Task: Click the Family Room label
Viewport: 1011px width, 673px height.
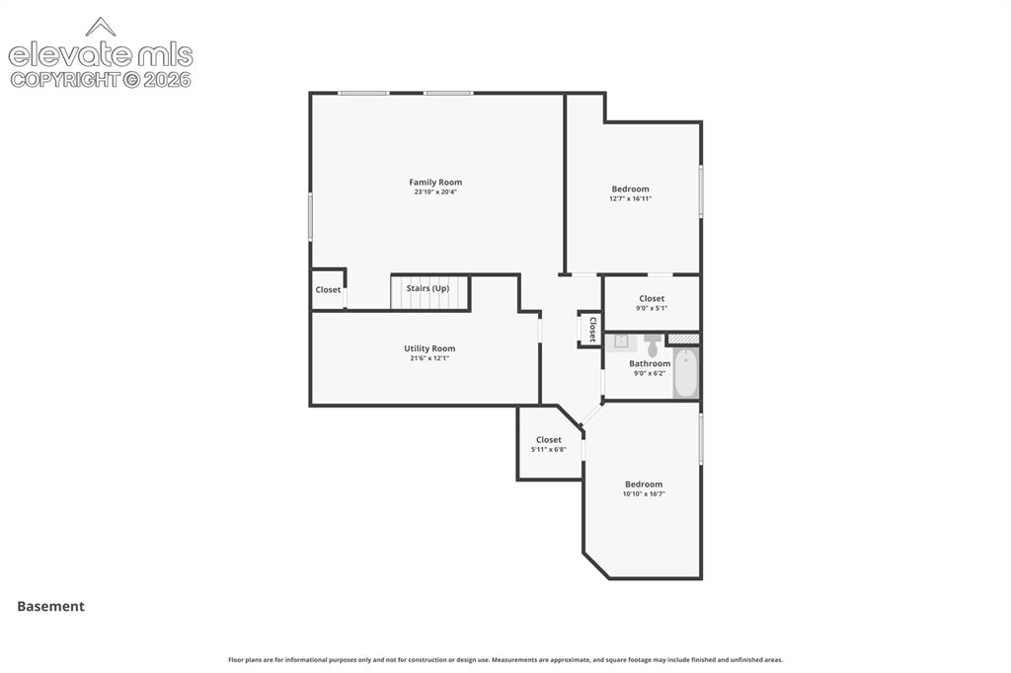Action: coord(435,183)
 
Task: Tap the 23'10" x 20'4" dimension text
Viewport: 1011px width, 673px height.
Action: coord(435,192)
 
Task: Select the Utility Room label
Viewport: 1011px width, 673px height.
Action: coord(429,348)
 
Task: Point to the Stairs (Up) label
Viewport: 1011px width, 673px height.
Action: coord(428,288)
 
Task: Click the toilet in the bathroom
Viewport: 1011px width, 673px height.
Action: coord(653,344)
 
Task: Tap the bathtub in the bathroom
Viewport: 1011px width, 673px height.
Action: coord(685,373)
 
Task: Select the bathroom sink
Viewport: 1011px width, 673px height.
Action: coord(620,341)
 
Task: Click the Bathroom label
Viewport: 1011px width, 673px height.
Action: coord(650,363)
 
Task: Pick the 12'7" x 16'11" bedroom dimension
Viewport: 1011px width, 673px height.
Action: coord(630,199)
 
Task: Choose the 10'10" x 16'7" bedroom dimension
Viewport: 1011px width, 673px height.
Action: coord(644,494)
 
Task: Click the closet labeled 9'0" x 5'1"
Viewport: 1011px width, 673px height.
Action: coord(652,303)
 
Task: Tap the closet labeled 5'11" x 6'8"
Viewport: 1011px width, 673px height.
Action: coord(549,444)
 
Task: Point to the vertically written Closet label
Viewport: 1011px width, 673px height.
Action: coord(592,329)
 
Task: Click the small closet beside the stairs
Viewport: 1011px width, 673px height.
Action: coord(328,290)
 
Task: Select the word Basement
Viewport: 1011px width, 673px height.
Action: coord(51,606)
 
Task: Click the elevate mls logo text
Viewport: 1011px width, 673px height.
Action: coord(101,55)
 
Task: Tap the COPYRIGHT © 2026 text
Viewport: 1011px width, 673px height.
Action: coord(101,80)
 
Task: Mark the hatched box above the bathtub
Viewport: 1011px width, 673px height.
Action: coord(683,338)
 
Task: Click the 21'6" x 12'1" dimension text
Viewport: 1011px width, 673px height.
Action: coord(429,358)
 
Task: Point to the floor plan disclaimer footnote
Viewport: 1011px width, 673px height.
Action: coord(505,660)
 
